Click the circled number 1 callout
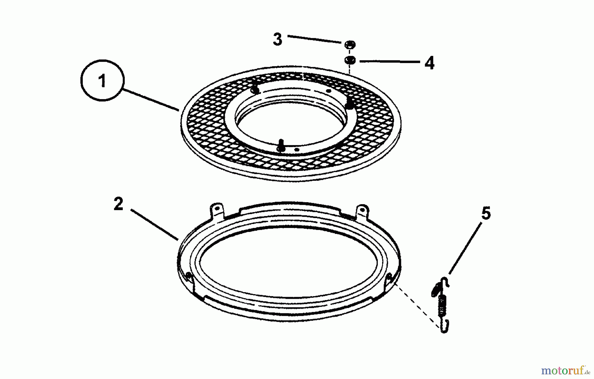102,80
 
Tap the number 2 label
118,204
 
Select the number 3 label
278,40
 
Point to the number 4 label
429,63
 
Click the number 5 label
486,213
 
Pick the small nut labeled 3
350,44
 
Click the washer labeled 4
350,60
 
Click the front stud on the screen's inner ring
281,145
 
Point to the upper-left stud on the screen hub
254,89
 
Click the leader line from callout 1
151,99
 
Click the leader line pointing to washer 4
389,61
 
